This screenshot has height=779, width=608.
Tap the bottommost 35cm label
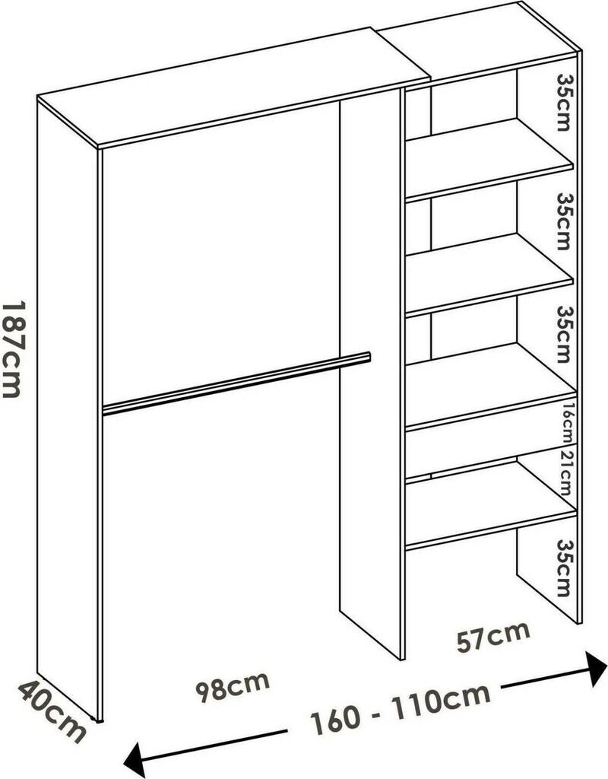pos(563,568)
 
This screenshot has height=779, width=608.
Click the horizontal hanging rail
pos(236,384)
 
